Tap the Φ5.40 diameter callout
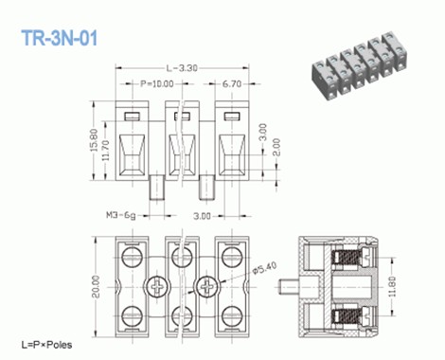[266, 268]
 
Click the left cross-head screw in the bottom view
[156, 285]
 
